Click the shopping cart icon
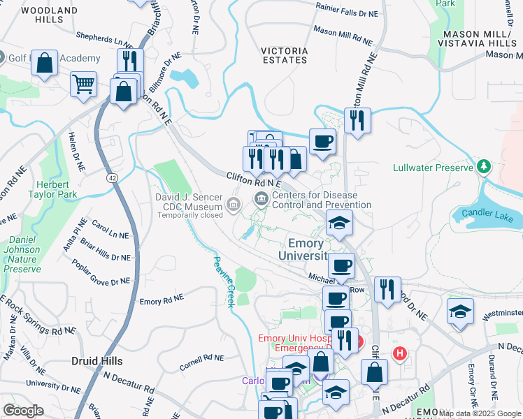(83, 84)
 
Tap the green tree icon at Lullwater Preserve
(483, 166)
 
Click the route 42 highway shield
(112, 178)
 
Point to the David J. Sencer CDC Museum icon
(234, 204)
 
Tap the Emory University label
(306, 250)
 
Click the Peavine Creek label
(222, 279)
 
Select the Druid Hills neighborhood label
(96, 361)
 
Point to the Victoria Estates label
(284, 55)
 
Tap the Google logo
(23, 410)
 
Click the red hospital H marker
(400, 353)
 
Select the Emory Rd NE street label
(162, 300)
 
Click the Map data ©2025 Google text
(480, 413)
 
